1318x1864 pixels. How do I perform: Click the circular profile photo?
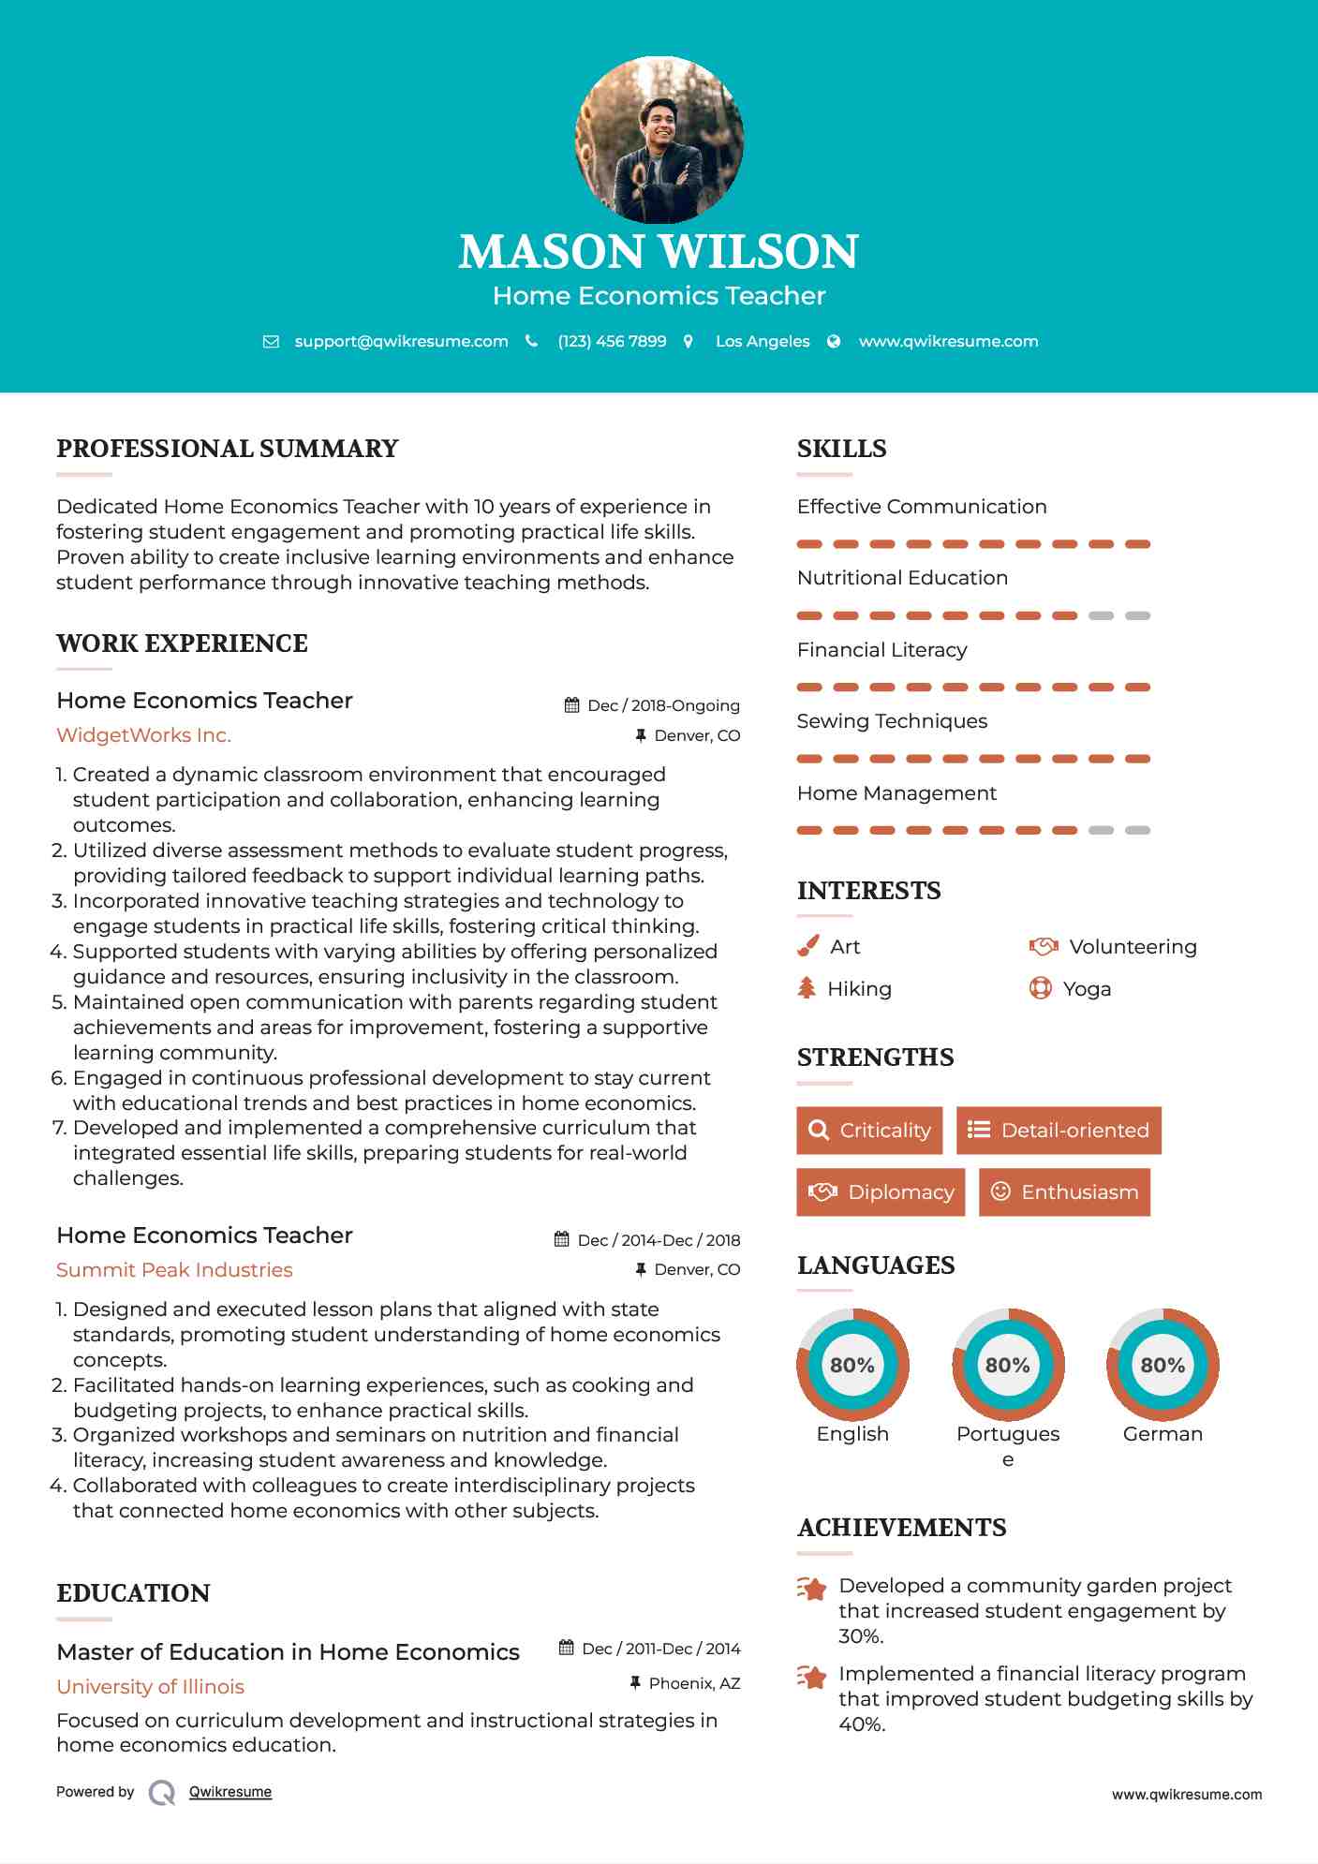[x=659, y=141]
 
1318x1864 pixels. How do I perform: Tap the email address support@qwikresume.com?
[x=401, y=341]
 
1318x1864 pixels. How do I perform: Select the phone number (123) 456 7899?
[x=612, y=341]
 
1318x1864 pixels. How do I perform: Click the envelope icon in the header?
[x=271, y=342]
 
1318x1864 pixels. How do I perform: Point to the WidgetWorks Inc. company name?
[x=143, y=735]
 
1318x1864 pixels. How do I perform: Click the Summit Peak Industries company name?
[x=174, y=1270]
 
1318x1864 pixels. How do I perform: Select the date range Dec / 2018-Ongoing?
[x=663, y=705]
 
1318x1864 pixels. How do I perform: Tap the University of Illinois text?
[x=150, y=1687]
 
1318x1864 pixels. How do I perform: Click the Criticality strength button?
[x=869, y=1131]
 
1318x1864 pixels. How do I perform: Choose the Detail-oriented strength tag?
[x=1059, y=1131]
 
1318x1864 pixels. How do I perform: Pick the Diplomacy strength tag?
[x=881, y=1192]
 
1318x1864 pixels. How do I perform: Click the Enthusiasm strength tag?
[x=1064, y=1192]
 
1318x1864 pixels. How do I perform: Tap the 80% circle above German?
[x=1163, y=1365]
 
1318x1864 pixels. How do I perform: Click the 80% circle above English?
[x=852, y=1365]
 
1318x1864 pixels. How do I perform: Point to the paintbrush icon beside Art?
[x=807, y=947]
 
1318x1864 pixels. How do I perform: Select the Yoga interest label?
[x=1087, y=989]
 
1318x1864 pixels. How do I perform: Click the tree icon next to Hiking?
[x=807, y=988]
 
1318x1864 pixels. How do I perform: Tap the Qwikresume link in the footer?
[x=230, y=1792]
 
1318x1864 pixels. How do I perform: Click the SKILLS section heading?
[x=841, y=449]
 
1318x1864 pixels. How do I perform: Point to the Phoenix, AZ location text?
[x=694, y=1683]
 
